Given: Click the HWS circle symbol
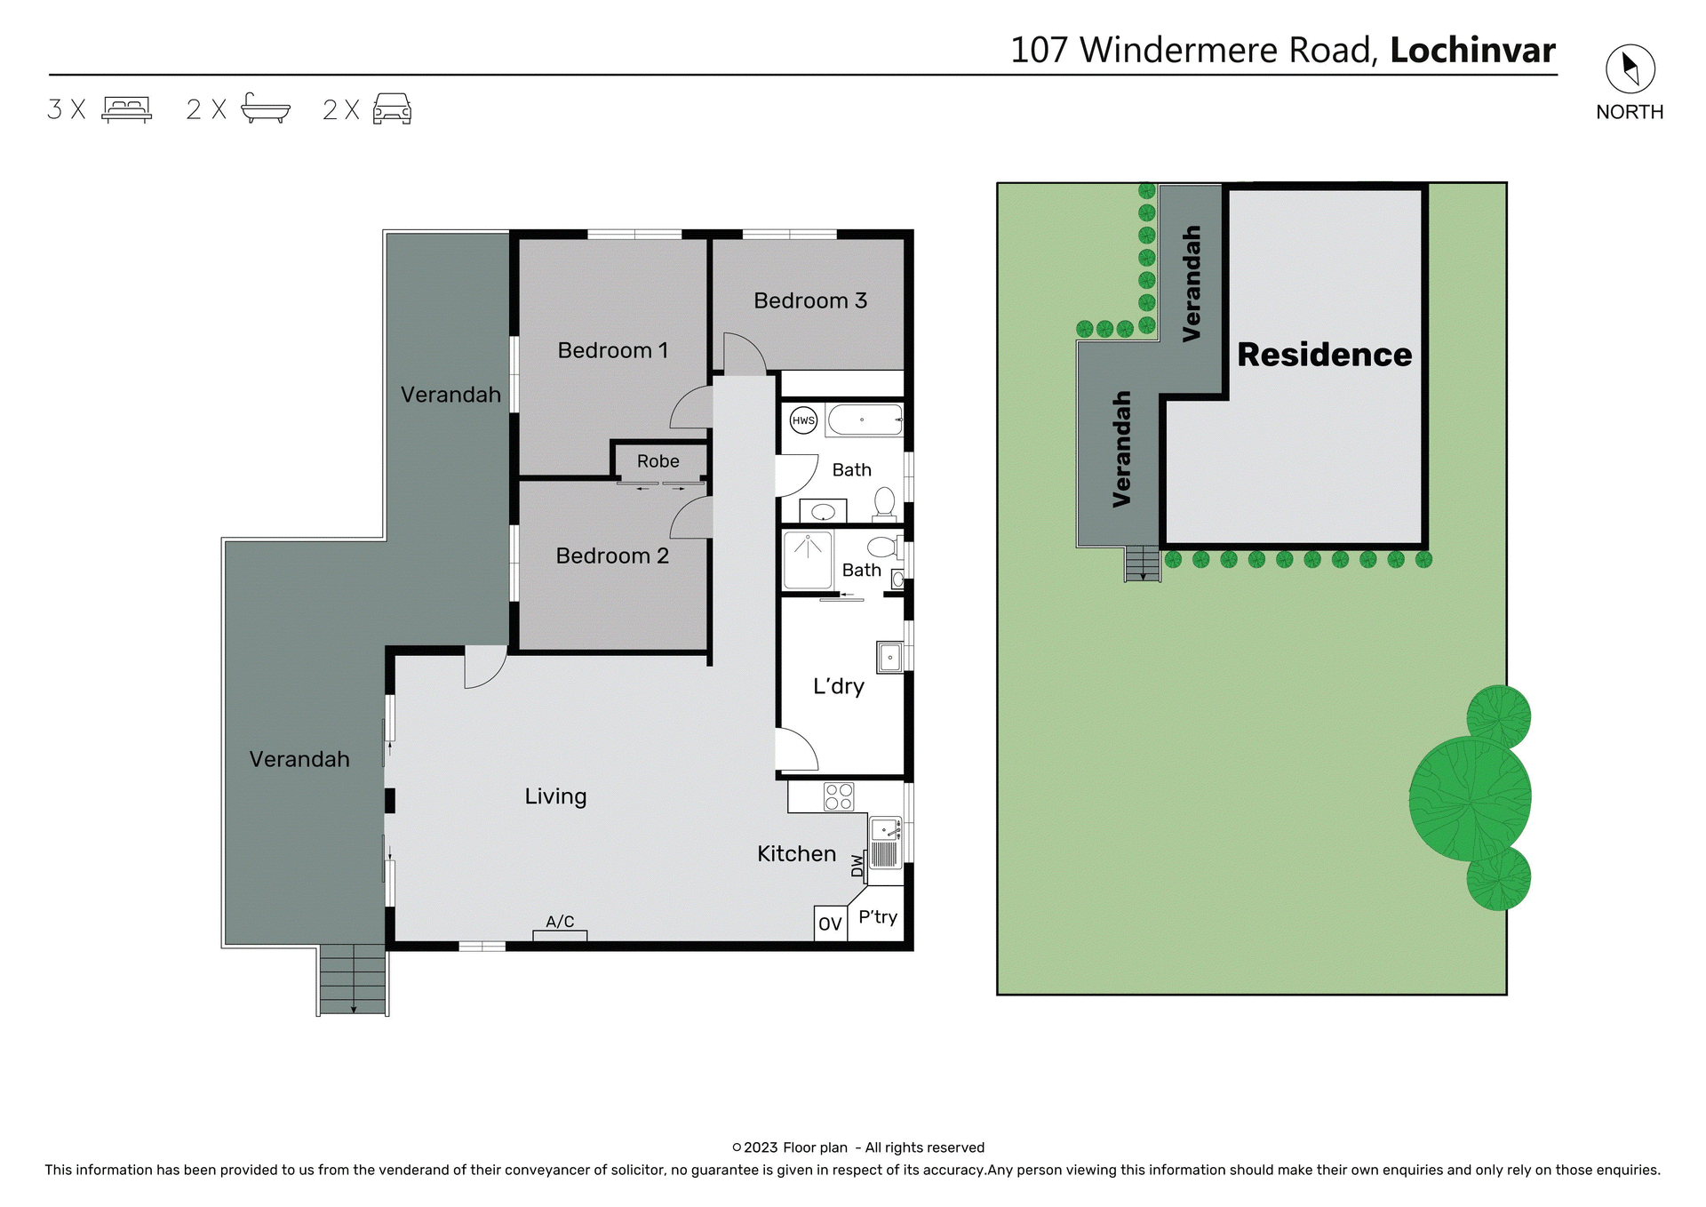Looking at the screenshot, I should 803,420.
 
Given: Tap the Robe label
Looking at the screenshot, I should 658,461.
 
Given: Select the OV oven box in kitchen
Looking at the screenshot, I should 830,923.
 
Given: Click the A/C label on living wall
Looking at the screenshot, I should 560,922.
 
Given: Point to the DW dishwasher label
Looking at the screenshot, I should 857,865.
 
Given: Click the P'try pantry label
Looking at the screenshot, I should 878,917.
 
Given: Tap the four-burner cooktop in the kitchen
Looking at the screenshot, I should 839,796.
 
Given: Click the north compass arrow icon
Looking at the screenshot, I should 1630,68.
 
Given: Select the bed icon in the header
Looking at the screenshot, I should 127,109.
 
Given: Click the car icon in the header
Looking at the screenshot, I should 392,109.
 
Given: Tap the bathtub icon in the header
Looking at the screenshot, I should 265,108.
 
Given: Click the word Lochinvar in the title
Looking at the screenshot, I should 1472,51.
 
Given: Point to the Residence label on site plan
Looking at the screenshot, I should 1324,355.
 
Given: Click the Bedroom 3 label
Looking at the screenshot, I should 809,300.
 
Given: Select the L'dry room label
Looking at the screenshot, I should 838,685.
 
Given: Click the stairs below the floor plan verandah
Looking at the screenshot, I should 353,979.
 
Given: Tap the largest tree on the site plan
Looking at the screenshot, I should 1470,798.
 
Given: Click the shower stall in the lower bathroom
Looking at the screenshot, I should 808,560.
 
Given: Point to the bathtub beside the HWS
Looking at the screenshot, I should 865,420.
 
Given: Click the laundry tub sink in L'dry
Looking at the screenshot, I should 889,658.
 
